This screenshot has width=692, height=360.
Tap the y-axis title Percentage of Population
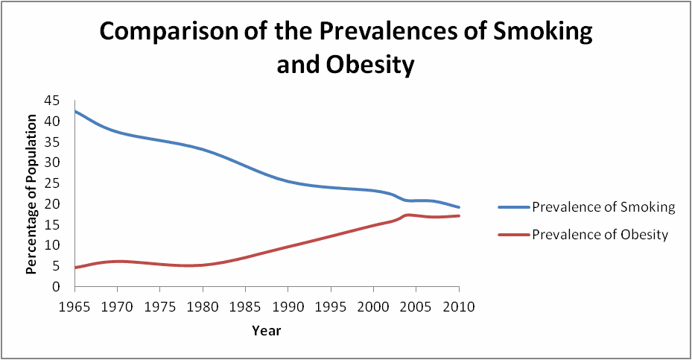(x=31, y=194)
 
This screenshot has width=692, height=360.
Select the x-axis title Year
(x=266, y=329)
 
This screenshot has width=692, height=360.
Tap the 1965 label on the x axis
(x=75, y=306)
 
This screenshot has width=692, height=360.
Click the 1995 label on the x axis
(x=331, y=306)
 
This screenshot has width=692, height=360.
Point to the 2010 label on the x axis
(x=459, y=306)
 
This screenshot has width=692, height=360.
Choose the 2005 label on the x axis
(x=416, y=306)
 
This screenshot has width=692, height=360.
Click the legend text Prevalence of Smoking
(x=603, y=207)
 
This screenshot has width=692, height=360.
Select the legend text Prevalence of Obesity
(x=600, y=235)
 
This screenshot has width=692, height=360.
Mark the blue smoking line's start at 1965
(x=75, y=111)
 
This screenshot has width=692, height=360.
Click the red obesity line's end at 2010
(x=459, y=216)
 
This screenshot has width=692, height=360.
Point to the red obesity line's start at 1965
(x=75, y=268)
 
